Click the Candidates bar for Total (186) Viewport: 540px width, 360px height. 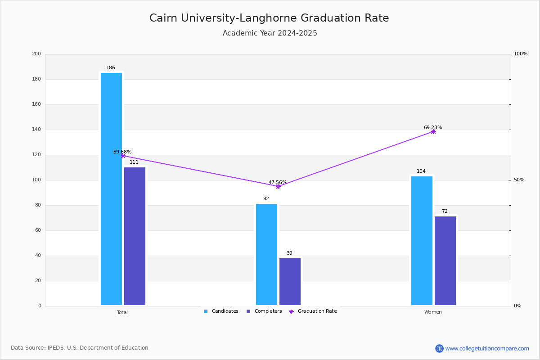112,189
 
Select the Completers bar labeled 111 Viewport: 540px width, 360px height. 135,236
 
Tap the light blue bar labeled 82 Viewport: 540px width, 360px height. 266,254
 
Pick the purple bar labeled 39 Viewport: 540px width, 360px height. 290,282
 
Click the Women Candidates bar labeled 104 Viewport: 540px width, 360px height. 422,241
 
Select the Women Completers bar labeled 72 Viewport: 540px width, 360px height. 445,261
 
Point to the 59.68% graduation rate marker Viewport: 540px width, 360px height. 123,156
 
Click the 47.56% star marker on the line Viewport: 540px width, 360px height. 278,186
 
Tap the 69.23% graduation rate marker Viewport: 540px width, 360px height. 433,132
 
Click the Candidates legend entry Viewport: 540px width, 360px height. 221,311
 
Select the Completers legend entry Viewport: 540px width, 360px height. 264,311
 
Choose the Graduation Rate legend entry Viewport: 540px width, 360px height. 313,311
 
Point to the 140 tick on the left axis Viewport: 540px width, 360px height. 36,130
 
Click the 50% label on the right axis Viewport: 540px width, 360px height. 519,180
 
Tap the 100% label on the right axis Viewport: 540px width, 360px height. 521,54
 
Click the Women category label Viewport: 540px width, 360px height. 433,312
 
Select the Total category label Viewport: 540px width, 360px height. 122,312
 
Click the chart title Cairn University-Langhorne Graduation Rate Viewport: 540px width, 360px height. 269,18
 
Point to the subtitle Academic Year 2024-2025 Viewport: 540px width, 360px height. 270,33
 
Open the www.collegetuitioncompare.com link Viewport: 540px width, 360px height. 487,348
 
